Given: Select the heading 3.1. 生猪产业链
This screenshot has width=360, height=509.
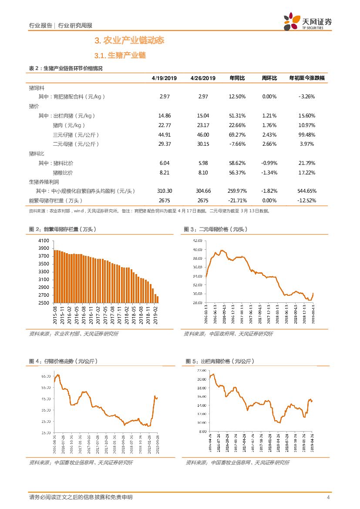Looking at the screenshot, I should click(120, 56).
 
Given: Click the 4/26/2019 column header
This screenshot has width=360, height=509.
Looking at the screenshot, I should click(203, 78).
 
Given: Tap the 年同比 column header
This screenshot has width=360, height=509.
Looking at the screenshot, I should click(237, 78).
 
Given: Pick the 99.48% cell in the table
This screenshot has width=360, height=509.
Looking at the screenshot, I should click(307, 135).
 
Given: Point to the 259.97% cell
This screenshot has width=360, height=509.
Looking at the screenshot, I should click(237, 191).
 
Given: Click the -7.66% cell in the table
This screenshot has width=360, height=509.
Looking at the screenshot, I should click(237, 144).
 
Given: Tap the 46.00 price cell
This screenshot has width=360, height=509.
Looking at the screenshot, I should click(203, 135).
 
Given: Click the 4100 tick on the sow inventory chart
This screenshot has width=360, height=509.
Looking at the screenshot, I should click(44, 241).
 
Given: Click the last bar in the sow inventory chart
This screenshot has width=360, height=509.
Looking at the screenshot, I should click(157, 300).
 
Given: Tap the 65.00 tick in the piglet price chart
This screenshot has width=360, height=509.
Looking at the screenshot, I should click(46, 376).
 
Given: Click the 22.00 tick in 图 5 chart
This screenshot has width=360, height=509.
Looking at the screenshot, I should click(201, 370).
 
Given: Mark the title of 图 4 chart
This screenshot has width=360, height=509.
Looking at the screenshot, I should click(63, 361).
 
